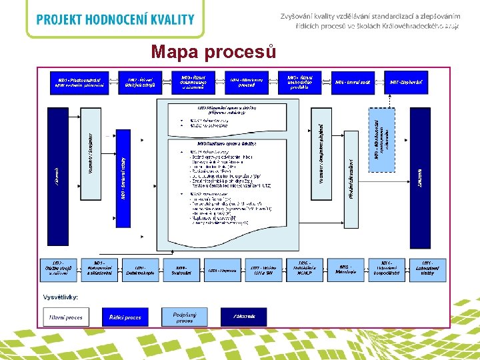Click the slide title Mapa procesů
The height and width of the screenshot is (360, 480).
click(212, 51)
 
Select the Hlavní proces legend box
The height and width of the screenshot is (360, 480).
click(66, 317)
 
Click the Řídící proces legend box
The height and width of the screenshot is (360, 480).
click(125, 317)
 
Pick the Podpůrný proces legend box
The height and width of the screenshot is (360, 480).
click(184, 317)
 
